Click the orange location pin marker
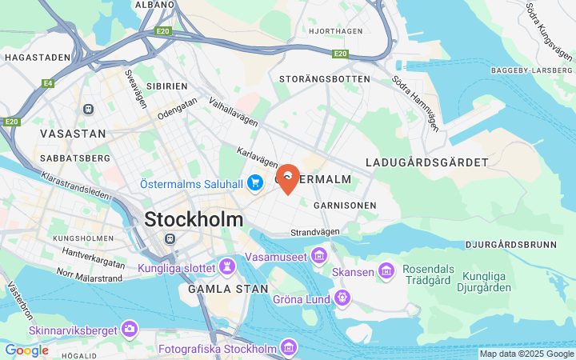tap(288, 177)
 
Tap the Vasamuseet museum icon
tap(319, 256)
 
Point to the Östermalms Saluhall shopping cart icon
tap(255, 184)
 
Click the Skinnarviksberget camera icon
tap(129, 329)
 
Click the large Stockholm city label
tap(194, 218)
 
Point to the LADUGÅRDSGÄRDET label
tap(426, 162)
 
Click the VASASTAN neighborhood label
tap(73, 134)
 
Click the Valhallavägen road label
tap(234, 112)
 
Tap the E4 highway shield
tap(48, 82)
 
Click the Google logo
tap(26, 350)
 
